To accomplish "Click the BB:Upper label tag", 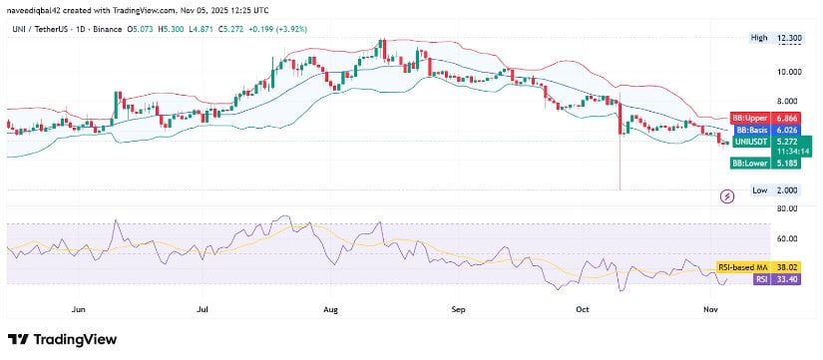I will tap(747, 117).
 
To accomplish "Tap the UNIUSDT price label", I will tap(750, 142).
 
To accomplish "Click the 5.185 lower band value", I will tap(786, 163).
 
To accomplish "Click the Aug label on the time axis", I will tap(331, 310).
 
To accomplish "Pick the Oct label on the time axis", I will tap(584, 310).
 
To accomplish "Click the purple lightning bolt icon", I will tap(727, 196).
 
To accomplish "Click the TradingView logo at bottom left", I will tap(62, 339).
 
